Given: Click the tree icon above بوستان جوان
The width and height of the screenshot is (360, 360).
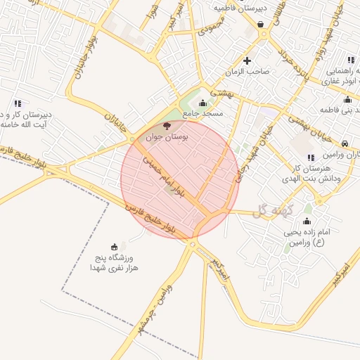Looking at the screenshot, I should (167, 127).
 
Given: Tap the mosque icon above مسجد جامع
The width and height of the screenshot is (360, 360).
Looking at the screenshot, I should (203, 103).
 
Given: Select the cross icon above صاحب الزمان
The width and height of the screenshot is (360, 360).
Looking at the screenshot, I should (246, 60).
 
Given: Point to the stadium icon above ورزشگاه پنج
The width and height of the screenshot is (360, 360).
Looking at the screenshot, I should (115, 245).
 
